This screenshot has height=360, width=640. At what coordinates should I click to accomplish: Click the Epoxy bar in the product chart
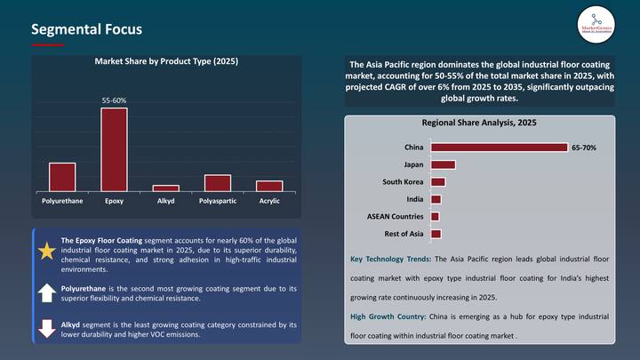click(x=114, y=149)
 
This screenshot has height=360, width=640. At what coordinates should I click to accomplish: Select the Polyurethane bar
click(x=62, y=177)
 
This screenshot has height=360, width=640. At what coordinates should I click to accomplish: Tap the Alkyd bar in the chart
click(x=165, y=188)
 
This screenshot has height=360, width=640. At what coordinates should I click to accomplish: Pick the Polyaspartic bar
click(x=218, y=182)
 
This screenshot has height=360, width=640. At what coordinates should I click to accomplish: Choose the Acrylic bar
click(x=269, y=186)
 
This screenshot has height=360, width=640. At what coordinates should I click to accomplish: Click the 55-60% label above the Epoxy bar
click(x=114, y=101)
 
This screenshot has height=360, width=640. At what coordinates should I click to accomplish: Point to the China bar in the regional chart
click(x=499, y=148)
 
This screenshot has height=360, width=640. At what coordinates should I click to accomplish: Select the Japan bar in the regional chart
click(x=443, y=164)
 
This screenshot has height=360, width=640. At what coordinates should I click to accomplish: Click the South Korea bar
click(x=437, y=182)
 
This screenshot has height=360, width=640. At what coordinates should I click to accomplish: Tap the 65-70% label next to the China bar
click(x=584, y=148)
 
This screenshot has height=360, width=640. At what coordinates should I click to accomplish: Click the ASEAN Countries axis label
click(x=396, y=216)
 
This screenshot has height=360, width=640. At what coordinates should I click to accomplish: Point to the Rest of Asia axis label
click(x=404, y=234)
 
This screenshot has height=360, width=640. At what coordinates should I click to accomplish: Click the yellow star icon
click(x=46, y=251)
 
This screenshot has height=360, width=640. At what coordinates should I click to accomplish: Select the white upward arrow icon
click(x=46, y=292)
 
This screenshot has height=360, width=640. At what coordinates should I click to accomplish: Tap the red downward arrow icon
click(x=46, y=327)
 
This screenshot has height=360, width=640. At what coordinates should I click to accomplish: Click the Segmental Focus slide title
click(x=86, y=29)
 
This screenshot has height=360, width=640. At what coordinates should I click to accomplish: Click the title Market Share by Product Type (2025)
click(x=166, y=62)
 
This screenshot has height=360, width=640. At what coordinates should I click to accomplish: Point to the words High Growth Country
click(x=388, y=316)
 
